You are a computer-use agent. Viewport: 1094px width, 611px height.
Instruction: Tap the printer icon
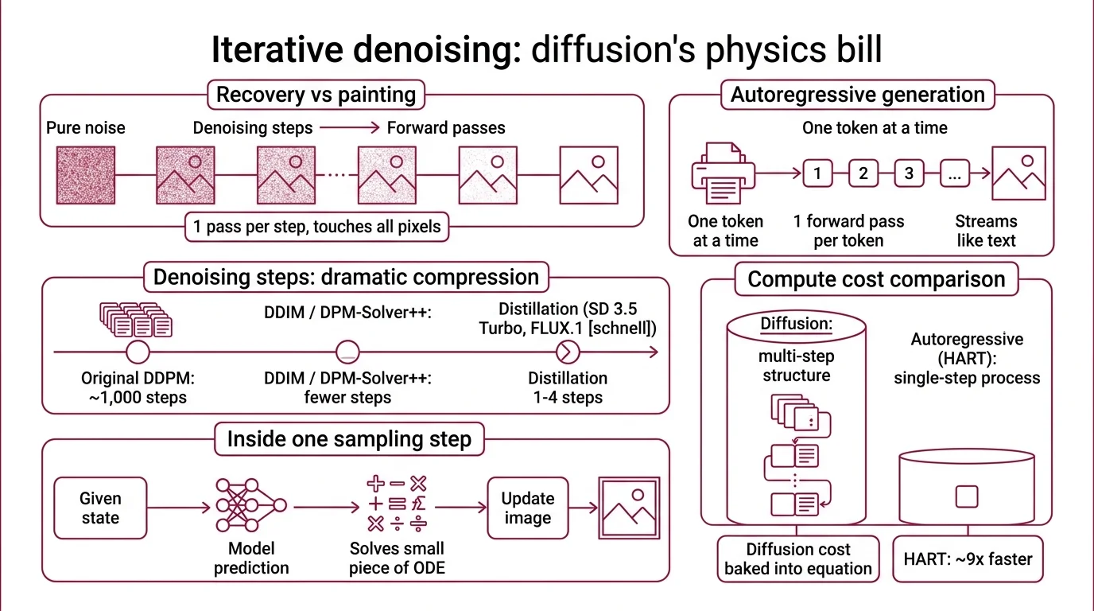pos(724,173)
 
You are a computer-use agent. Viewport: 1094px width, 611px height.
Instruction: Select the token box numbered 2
pos(863,173)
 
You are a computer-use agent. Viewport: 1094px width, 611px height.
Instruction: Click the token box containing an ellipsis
pos(954,173)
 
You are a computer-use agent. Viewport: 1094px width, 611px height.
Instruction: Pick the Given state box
pos(100,508)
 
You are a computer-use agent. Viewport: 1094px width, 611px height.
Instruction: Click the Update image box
pos(527,508)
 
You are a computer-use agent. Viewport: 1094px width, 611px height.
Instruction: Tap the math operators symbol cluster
pos(397,504)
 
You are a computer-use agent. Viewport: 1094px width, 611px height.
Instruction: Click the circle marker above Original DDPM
pos(138,351)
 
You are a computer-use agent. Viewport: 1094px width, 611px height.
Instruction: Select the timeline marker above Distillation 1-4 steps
pos(566,351)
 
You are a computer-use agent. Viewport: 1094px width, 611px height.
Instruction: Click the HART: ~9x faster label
pos(968,559)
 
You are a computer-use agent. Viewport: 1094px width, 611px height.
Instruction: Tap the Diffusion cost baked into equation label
pos(798,559)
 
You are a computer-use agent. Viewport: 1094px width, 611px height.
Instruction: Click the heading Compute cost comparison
pos(876,280)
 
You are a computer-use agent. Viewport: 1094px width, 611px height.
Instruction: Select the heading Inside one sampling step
pos(349,439)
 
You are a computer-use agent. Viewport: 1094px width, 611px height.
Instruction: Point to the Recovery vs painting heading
pos(316,95)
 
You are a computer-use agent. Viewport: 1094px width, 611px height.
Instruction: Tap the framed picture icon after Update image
pos(630,508)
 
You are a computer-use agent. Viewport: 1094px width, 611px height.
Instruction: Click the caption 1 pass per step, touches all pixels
pos(316,227)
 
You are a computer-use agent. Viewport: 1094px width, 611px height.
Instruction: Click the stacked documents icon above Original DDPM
pos(136,320)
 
